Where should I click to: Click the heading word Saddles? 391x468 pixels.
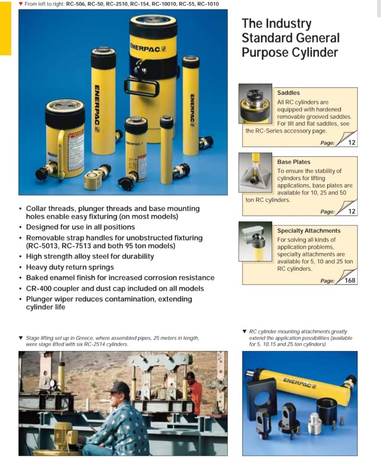pos(288,93)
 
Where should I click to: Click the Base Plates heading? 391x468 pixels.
pos(294,162)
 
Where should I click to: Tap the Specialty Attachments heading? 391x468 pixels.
pos(309,231)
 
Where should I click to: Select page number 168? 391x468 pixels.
pos(350,280)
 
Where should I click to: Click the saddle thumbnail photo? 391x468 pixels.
pos(255,104)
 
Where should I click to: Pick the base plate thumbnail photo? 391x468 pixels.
pos(255,172)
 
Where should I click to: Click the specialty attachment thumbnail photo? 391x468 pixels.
pos(255,241)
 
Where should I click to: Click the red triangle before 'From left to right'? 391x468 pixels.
pos(21,4)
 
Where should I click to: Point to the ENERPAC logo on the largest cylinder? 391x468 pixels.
pos(148,48)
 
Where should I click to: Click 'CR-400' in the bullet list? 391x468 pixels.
pos(37,289)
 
